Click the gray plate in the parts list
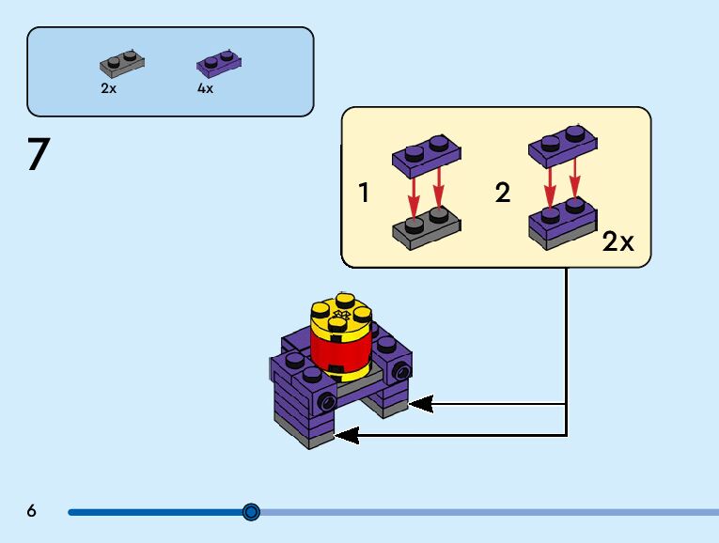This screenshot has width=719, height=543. coord(122,65)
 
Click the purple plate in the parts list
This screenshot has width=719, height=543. coord(219,64)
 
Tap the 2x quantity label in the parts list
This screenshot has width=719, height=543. coord(108,88)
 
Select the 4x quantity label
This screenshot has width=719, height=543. coord(205,88)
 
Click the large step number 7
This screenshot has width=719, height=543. coord(38,155)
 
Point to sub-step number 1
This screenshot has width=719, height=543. coord(364,194)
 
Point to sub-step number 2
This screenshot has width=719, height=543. coord(503,194)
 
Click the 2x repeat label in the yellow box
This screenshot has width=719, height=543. coord(617,241)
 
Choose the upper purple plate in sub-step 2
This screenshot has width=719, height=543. coord(563,147)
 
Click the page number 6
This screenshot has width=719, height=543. coord(31,511)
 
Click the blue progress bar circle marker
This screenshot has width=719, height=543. coord(251,512)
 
